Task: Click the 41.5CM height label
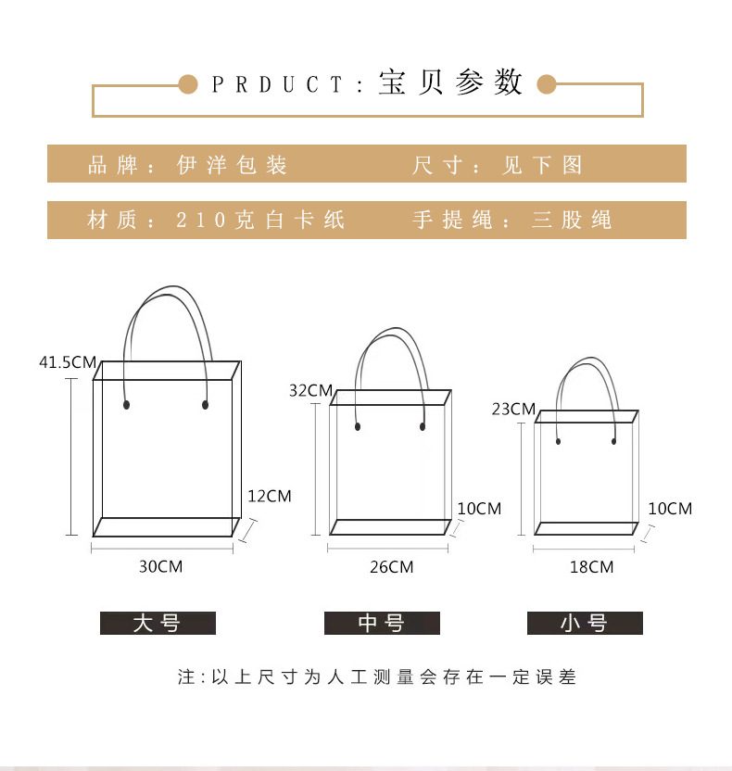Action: pos(68,362)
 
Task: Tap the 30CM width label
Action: pos(160,566)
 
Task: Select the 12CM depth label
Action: pos(270,496)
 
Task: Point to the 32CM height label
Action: pos(310,390)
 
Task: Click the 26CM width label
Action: pos(391,567)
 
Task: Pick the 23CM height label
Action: pos(513,409)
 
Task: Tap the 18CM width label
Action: pos(591,567)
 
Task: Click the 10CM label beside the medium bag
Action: pos(479,509)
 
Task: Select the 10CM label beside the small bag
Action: pos(670,509)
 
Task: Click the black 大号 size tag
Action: pos(158,623)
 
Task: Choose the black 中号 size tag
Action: pos(382,623)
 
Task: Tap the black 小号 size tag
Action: pos(585,623)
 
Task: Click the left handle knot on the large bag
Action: pos(126,405)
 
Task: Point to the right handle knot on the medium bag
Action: pos(423,426)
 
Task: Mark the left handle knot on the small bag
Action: pos(558,441)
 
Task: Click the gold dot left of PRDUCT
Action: pos(188,84)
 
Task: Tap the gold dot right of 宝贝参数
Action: pos(546,84)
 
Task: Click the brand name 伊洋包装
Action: pos(232,165)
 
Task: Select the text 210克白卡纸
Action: pos(260,220)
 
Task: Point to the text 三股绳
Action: pos(572,220)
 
